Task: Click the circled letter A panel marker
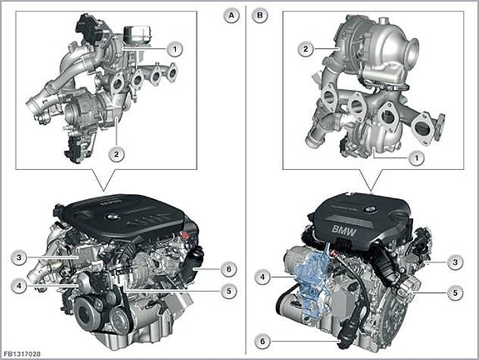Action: click(232, 15)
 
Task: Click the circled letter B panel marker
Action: click(260, 15)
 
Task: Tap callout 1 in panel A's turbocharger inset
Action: click(175, 49)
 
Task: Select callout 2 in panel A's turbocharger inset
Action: click(117, 154)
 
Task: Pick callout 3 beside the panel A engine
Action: click(19, 257)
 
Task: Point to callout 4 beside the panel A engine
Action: click(19, 286)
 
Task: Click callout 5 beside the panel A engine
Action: click(229, 291)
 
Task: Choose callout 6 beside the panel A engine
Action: click(229, 269)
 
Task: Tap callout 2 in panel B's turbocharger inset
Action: click(306, 49)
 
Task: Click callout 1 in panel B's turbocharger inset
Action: click(417, 158)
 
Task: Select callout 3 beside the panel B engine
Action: click(455, 262)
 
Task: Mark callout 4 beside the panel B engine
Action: click(262, 277)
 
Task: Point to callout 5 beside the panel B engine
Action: click(455, 292)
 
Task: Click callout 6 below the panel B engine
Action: click(262, 341)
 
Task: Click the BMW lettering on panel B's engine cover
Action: click(344, 231)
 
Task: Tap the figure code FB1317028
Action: click(22, 354)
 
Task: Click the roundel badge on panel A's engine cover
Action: click(110, 217)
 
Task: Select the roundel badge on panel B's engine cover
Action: click(369, 209)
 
